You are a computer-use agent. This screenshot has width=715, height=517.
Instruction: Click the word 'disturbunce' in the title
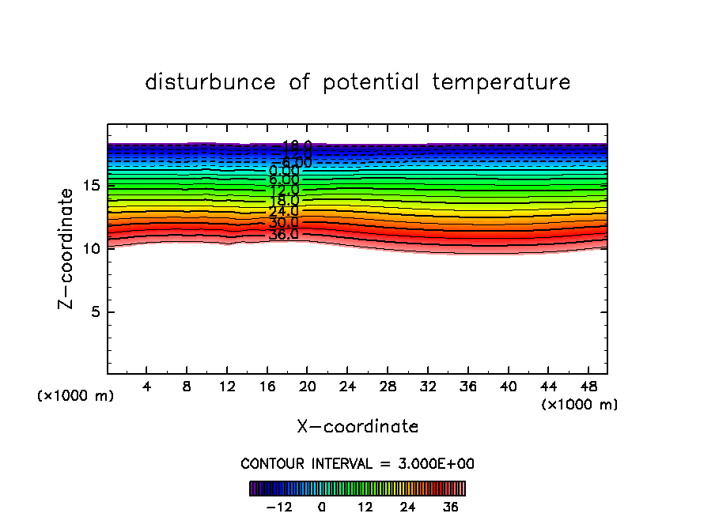point(211,82)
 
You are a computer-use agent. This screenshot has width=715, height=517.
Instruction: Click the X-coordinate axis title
point(357,427)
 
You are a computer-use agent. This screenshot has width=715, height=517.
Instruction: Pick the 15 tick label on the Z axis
point(89,186)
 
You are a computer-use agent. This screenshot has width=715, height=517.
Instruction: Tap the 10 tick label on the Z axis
point(89,249)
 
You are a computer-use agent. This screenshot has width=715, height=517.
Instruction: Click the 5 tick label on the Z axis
point(93,312)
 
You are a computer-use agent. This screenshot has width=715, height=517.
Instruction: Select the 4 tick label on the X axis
point(147,387)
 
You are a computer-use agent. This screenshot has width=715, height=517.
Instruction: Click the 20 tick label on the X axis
point(308,387)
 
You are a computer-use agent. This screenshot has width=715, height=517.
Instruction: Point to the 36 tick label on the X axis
point(467,387)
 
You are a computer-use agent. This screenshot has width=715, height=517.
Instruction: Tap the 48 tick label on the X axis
point(588,387)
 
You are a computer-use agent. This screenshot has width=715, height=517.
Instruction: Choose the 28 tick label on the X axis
point(388,387)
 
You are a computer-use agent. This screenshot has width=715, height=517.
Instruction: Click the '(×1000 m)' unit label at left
point(76,396)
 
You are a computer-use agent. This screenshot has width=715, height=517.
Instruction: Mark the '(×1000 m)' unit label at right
point(580,405)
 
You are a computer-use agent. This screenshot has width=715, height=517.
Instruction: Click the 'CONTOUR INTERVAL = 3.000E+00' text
point(357,464)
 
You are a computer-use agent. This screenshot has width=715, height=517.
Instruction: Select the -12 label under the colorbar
point(280,507)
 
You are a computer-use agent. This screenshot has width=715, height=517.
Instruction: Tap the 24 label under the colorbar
point(407,507)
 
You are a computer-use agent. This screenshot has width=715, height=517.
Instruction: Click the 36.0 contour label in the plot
point(283,235)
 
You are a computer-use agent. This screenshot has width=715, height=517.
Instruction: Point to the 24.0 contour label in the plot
point(283,212)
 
